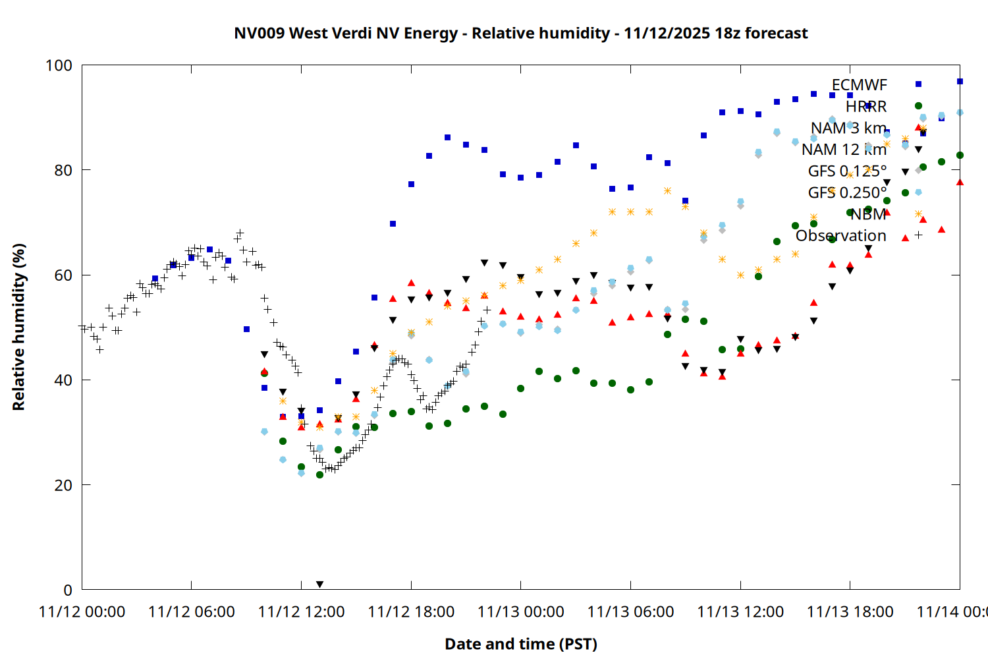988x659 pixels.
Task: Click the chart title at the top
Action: [x=520, y=33]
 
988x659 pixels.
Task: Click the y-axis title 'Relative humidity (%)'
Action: [x=18, y=327]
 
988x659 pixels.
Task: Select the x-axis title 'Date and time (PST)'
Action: [x=520, y=644]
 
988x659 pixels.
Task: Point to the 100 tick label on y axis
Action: [x=59, y=65]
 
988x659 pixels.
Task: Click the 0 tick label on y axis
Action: [x=67, y=590]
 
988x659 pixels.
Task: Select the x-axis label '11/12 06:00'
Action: [x=192, y=612]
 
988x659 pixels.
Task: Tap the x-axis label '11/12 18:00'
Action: [x=411, y=612]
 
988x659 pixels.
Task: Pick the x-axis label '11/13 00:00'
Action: [x=520, y=612]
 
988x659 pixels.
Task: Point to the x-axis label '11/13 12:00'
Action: [x=740, y=612]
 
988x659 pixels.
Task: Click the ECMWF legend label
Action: [x=859, y=85]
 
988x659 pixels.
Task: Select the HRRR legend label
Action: [x=866, y=107]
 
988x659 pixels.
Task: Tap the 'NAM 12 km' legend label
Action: [x=844, y=150]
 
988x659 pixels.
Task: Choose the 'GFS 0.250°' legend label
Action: [x=847, y=192]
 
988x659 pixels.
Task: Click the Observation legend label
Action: [x=840, y=236]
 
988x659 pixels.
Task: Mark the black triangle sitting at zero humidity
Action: [x=319, y=585]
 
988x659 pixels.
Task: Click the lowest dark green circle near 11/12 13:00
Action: [x=320, y=474]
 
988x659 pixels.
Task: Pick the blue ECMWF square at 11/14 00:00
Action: [x=960, y=82]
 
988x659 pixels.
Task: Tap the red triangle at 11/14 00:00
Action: [x=960, y=183]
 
